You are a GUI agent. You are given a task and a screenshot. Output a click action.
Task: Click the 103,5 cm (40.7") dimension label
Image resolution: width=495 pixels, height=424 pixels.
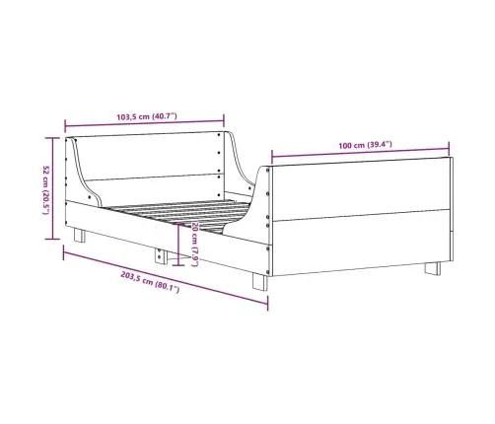coord(147,116)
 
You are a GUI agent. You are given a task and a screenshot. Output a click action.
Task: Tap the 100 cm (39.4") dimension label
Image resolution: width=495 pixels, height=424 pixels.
coord(365,145)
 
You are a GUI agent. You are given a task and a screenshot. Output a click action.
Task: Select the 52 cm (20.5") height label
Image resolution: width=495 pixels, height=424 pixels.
coord(46,190)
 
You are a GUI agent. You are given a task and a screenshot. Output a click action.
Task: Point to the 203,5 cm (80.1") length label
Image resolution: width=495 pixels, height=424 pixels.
coord(150,282)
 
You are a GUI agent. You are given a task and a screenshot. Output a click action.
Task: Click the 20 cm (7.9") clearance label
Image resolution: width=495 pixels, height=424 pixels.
coord(194,244)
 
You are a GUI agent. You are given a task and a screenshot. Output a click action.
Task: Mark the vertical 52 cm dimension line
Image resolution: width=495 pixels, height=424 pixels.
coord(52,188)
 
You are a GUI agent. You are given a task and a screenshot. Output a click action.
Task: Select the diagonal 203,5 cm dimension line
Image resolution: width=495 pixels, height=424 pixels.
coord(166,278)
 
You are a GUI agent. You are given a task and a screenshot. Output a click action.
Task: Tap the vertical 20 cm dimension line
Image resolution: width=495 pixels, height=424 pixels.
coord(178,245)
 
